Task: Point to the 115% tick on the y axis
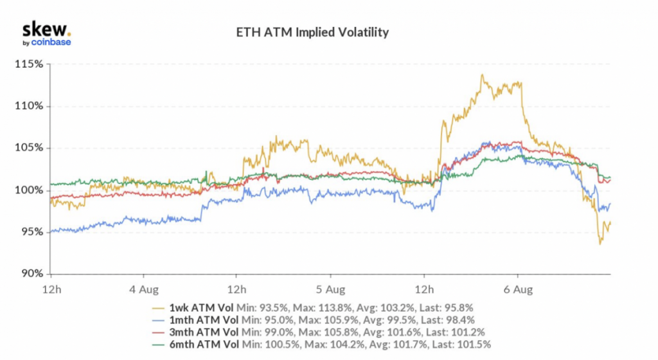(x=30, y=64)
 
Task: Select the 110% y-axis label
(x=30, y=106)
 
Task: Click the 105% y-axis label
(x=30, y=148)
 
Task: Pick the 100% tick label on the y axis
(x=30, y=190)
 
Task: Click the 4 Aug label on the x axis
(x=144, y=289)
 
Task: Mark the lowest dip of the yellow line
(x=600, y=244)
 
